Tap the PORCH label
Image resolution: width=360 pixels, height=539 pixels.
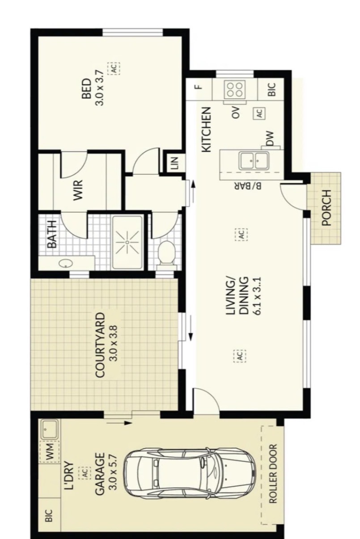pos(326,207)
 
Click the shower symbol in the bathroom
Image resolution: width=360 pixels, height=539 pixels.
pos(127,243)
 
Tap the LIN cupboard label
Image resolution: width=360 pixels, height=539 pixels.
pos(174,163)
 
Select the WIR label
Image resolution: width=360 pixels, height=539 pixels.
pos(78,190)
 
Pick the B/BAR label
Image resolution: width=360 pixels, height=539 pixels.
pos(248,186)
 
